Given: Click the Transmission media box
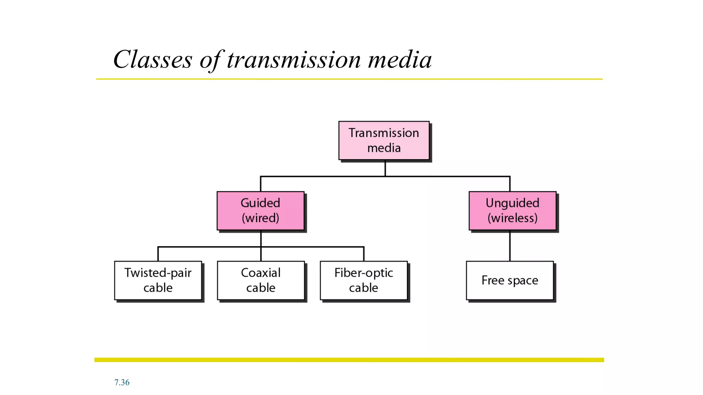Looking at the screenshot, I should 384,140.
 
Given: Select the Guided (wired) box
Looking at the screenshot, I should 261,211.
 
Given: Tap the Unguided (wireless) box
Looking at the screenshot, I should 512,211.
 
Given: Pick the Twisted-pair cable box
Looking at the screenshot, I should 158,280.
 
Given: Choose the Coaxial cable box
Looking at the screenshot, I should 261,280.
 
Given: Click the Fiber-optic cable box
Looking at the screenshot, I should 364,280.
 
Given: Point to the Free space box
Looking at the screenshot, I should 510,280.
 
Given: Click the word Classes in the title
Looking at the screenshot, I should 153,60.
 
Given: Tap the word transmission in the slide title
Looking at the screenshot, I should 294,60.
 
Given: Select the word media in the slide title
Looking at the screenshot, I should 400,60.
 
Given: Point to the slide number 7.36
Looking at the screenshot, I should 122,382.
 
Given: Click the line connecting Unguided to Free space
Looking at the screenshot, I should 510,246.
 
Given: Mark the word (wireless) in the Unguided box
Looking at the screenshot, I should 512,218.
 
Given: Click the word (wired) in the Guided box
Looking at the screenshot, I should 261,218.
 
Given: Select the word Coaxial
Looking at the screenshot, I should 261,273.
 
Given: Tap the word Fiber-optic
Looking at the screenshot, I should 364,273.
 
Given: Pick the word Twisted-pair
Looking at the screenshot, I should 158,273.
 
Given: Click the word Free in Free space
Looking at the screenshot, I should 493,280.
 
